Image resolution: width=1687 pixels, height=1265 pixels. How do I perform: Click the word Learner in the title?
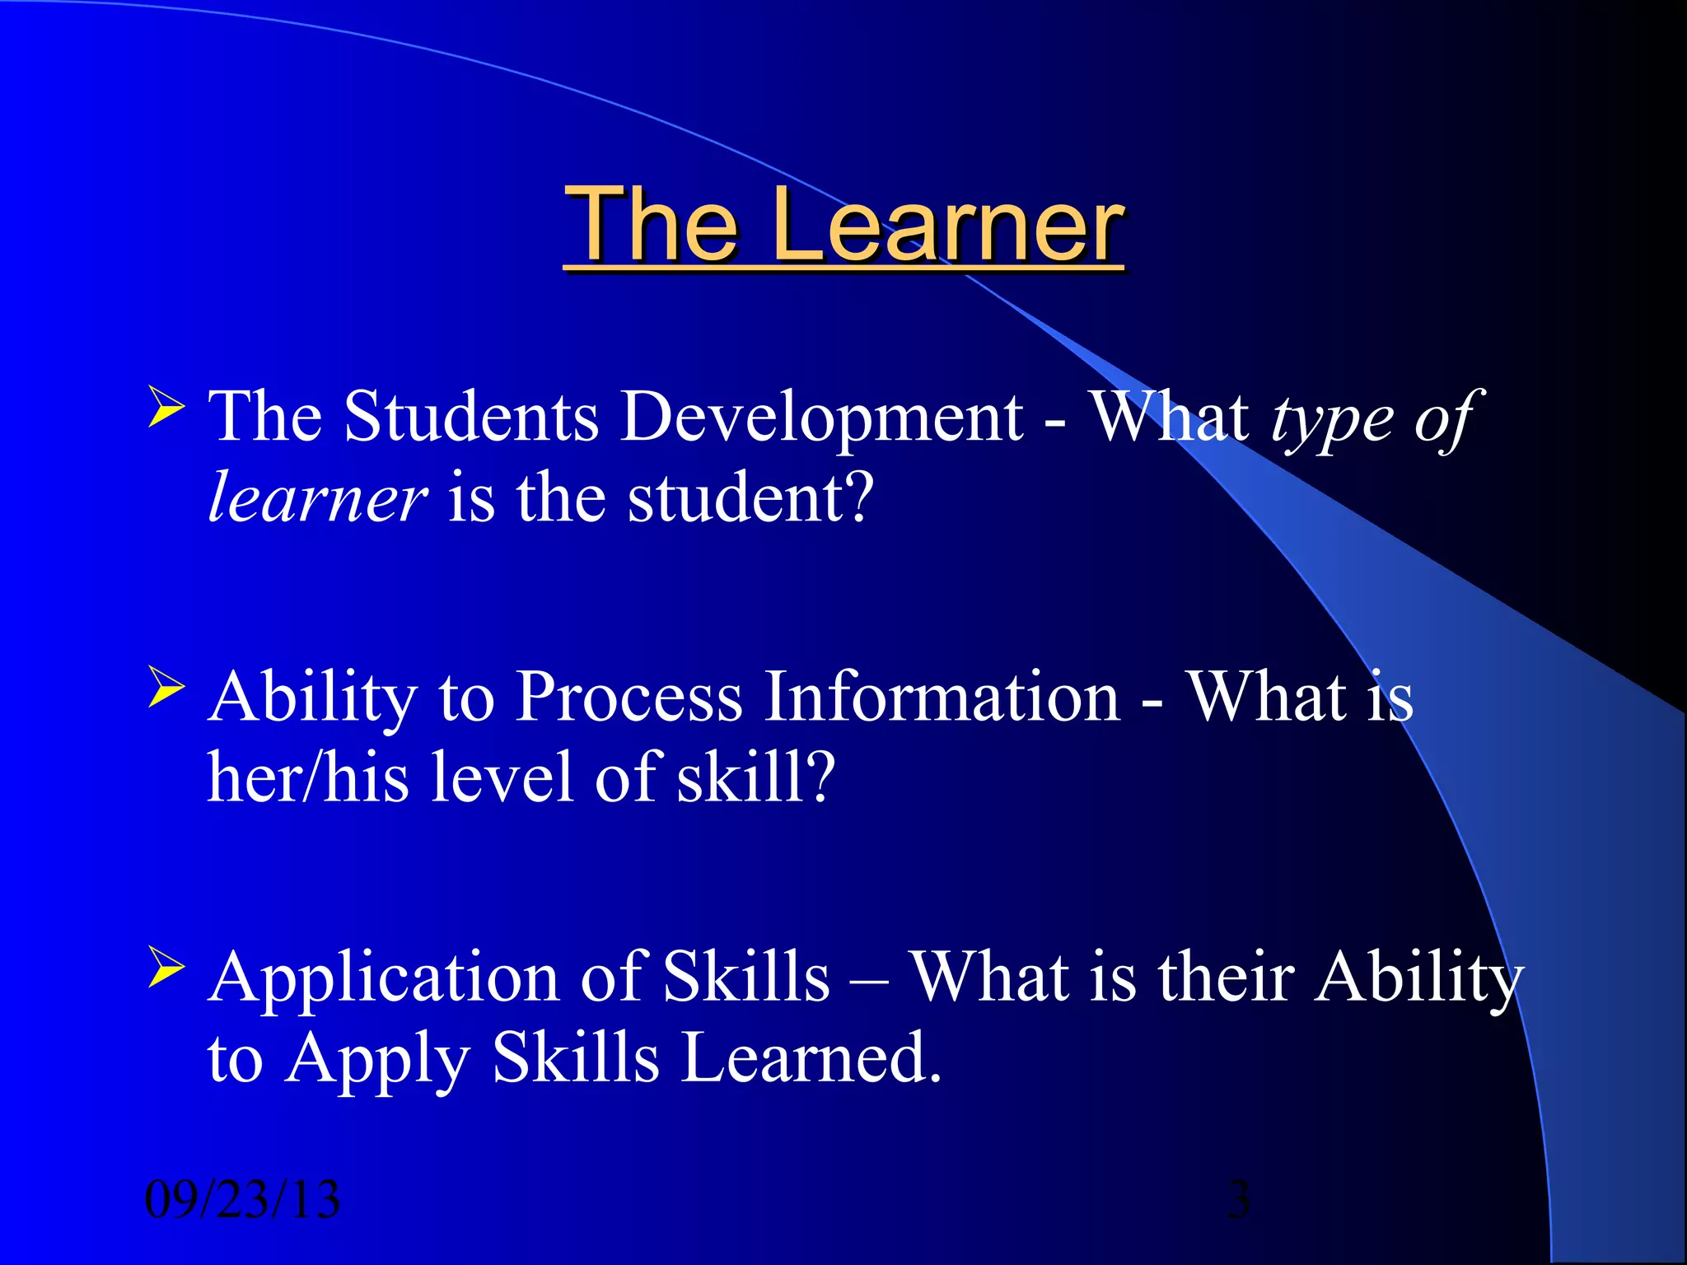(x=946, y=224)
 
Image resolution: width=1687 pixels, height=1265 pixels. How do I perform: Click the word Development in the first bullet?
(x=821, y=418)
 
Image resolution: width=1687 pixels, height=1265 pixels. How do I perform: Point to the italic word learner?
(x=317, y=498)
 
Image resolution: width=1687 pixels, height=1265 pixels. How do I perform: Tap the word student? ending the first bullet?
(x=750, y=498)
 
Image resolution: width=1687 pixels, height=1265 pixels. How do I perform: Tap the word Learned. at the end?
(x=811, y=1058)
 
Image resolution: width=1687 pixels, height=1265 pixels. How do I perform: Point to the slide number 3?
(x=1238, y=1200)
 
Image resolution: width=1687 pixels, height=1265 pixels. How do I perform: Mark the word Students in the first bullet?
(x=471, y=418)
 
